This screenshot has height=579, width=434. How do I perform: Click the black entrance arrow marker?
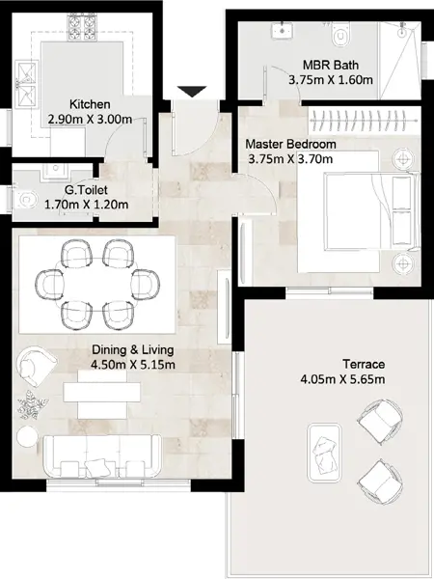pos(192,92)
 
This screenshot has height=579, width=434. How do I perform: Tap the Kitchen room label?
pos(90,104)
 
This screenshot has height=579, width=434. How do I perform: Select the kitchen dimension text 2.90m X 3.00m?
pos(90,120)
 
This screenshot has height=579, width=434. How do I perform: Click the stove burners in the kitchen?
pos(82,27)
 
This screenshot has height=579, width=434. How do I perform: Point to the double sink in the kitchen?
pos(27,85)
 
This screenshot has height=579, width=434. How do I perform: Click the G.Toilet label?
pos(86,190)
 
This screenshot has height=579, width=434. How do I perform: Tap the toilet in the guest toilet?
pos(25,201)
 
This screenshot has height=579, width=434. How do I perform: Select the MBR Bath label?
pos(330,65)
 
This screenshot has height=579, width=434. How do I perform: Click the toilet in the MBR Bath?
pos(339,35)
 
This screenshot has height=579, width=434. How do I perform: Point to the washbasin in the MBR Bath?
pos(283,30)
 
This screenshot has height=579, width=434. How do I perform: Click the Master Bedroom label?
pos(290,144)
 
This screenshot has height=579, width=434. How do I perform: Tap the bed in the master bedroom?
pos(371,210)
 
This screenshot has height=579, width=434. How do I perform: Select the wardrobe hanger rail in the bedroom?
pos(365,121)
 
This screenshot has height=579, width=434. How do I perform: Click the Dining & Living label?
pos(132,349)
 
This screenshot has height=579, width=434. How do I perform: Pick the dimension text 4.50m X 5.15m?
pos(132,365)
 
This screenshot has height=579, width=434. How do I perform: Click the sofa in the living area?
pos(102,456)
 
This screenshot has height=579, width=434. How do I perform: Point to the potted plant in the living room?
pos(33,404)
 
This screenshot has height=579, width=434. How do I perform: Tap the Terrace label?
pos(364,364)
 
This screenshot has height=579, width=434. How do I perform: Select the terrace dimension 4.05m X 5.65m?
pos(342,379)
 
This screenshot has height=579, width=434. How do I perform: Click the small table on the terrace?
pos(324,453)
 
